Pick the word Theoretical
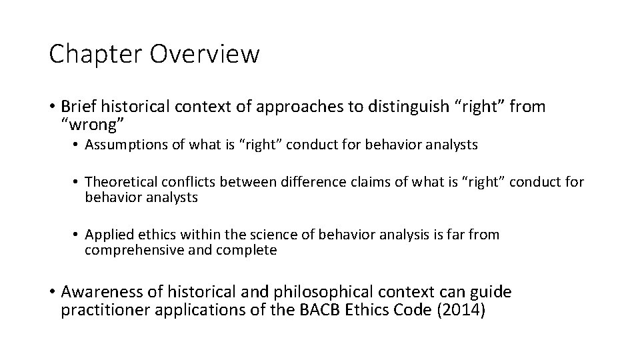pos(119,182)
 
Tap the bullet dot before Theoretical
pos(77,182)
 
